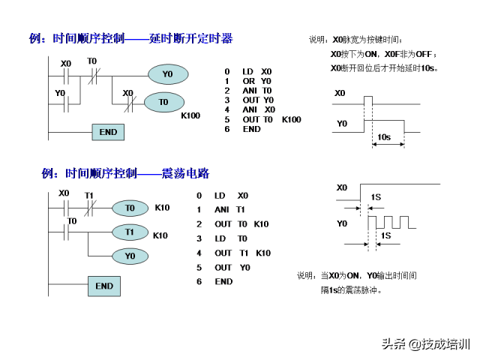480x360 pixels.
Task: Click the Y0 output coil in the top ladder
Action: (x=167, y=74)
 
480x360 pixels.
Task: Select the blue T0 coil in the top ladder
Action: (x=163, y=102)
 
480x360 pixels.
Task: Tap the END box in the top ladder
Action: (x=108, y=132)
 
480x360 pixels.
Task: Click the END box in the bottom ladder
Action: (x=104, y=286)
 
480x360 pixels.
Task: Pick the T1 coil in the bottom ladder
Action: (x=130, y=232)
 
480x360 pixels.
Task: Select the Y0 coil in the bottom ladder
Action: (x=130, y=256)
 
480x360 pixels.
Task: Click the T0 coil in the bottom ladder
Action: (x=130, y=208)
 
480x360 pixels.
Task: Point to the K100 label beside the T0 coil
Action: (x=190, y=115)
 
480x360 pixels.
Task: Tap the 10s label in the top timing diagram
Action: (x=383, y=137)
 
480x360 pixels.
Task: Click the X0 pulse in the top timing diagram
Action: (x=367, y=100)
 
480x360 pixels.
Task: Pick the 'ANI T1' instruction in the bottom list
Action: (x=229, y=209)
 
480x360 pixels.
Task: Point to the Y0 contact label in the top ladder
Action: (x=60, y=93)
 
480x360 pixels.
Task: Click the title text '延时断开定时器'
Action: (x=190, y=38)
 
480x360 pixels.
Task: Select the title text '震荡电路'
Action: (x=185, y=173)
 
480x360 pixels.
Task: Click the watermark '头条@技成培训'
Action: (x=425, y=344)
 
